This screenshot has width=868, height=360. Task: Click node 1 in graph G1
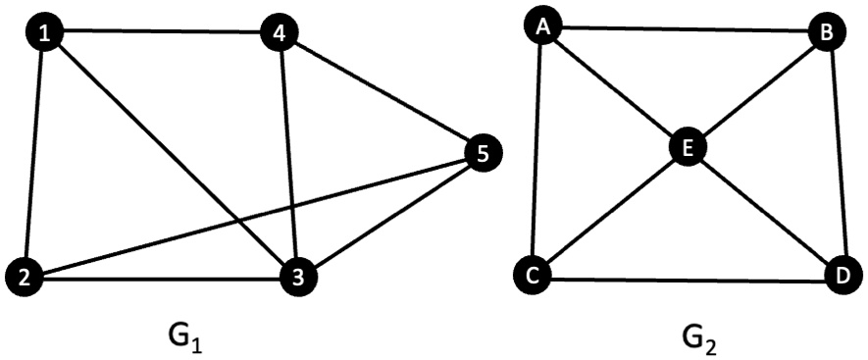tap(44, 33)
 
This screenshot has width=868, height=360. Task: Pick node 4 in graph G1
tap(281, 34)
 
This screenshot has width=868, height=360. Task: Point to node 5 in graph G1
tap(482, 152)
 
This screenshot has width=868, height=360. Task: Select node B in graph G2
tap(827, 33)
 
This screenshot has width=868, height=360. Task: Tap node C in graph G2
tap(534, 275)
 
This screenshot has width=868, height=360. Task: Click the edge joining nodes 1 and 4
tap(162, 33)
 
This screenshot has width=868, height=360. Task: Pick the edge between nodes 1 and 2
tap(35, 155)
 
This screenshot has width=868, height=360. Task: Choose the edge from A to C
tap(537, 152)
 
